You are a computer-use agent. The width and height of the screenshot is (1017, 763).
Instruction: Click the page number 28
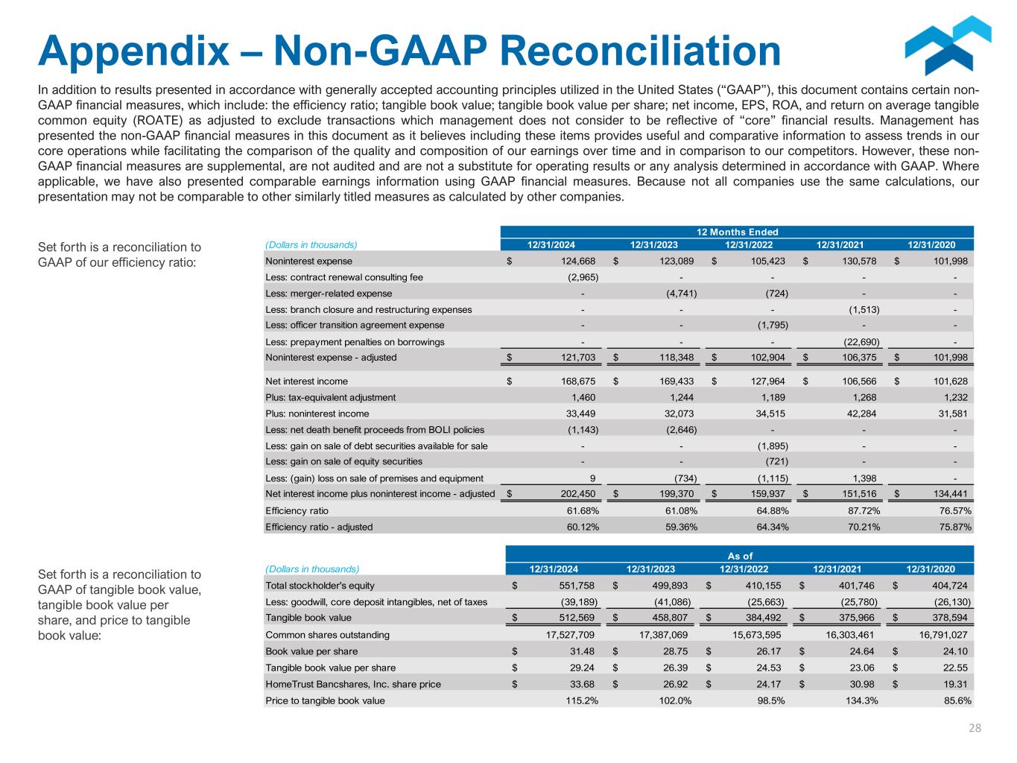(975, 728)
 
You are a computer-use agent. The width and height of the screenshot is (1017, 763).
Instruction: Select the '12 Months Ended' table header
(737, 232)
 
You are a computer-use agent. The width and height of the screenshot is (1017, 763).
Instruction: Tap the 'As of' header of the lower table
(739, 555)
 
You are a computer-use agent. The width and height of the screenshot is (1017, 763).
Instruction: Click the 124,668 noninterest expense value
(574, 262)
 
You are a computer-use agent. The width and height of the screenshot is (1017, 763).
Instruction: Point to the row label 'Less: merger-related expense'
(329, 294)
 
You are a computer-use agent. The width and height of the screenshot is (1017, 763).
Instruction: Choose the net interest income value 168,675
(574, 381)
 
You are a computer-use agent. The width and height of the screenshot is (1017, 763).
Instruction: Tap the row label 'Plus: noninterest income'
(317, 414)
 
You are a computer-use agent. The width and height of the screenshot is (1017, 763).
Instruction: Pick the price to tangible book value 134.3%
(861, 700)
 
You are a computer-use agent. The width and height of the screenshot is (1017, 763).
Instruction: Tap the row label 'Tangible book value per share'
(331, 668)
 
